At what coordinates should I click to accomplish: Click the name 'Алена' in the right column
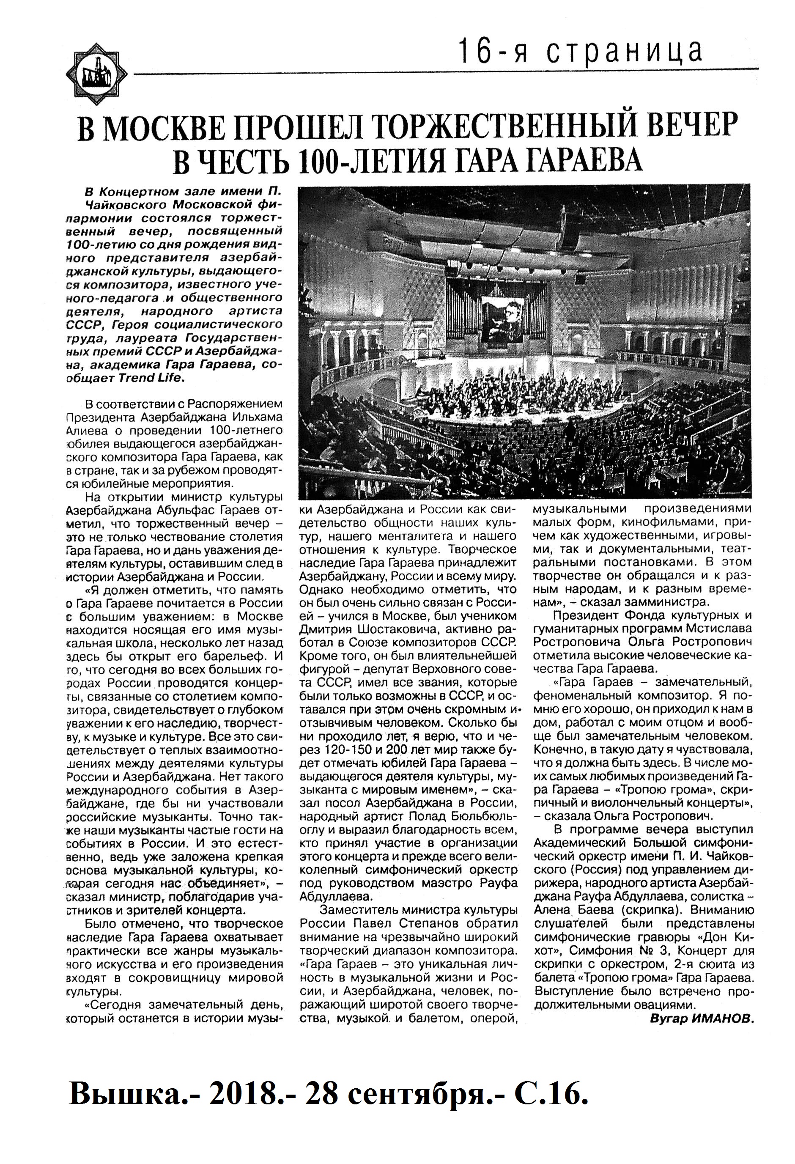tap(553, 909)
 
